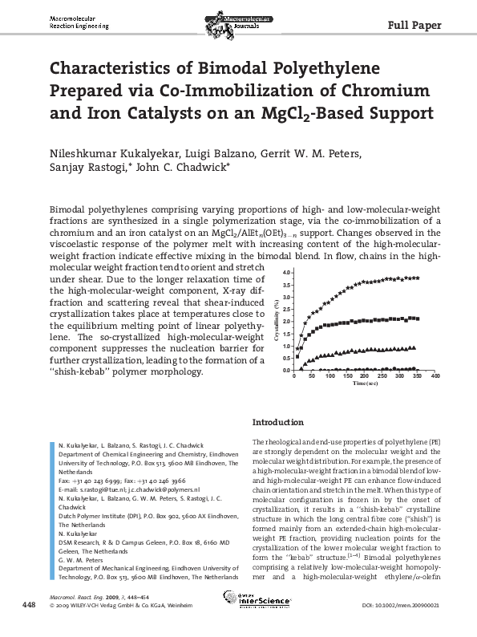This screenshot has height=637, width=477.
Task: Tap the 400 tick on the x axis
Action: click(x=436, y=375)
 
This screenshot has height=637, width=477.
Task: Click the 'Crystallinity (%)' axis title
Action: click(x=277, y=321)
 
